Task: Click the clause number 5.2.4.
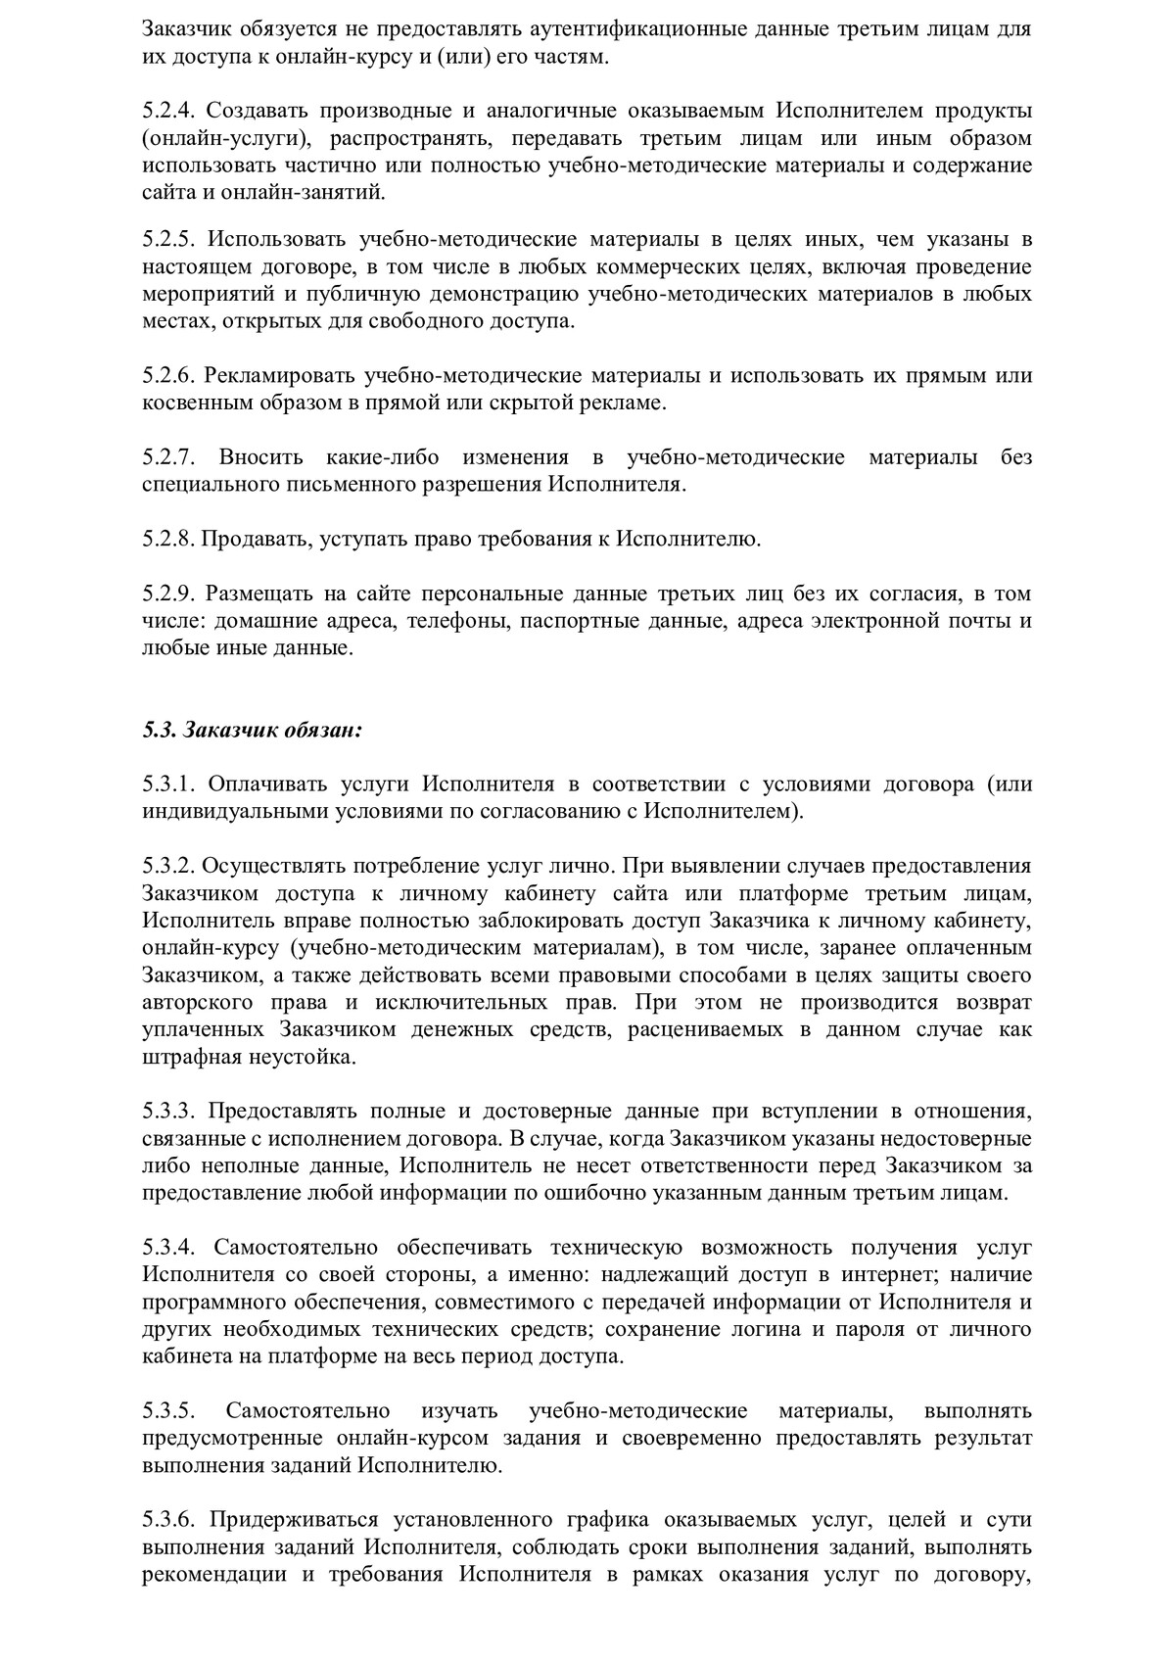click(168, 112)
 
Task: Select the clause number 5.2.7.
click(168, 457)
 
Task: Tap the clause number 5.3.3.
click(168, 1112)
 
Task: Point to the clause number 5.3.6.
click(168, 1520)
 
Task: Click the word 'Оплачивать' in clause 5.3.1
click(261, 784)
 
